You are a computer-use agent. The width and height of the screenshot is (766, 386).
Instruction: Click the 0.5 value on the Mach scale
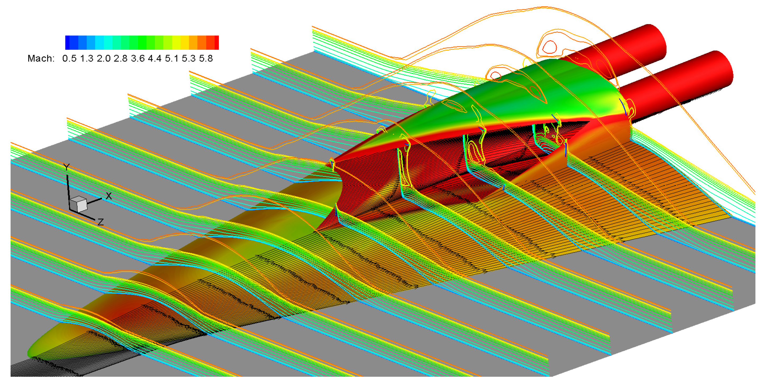tap(69, 58)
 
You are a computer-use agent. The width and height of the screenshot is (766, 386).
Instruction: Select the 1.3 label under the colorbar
tap(86, 58)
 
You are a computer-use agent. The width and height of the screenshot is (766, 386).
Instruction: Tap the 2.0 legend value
tap(104, 58)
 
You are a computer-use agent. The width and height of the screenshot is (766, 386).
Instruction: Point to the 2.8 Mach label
tap(121, 58)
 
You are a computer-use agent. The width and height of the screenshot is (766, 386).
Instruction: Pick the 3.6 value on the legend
tap(138, 58)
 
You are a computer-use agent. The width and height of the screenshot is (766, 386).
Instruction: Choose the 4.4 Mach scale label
tap(155, 58)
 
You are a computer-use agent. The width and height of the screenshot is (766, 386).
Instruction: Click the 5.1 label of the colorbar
tap(172, 58)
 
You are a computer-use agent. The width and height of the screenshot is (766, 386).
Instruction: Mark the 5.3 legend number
tap(189, 58)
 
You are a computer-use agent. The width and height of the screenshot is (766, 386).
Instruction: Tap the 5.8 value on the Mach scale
tap(206, 58)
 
